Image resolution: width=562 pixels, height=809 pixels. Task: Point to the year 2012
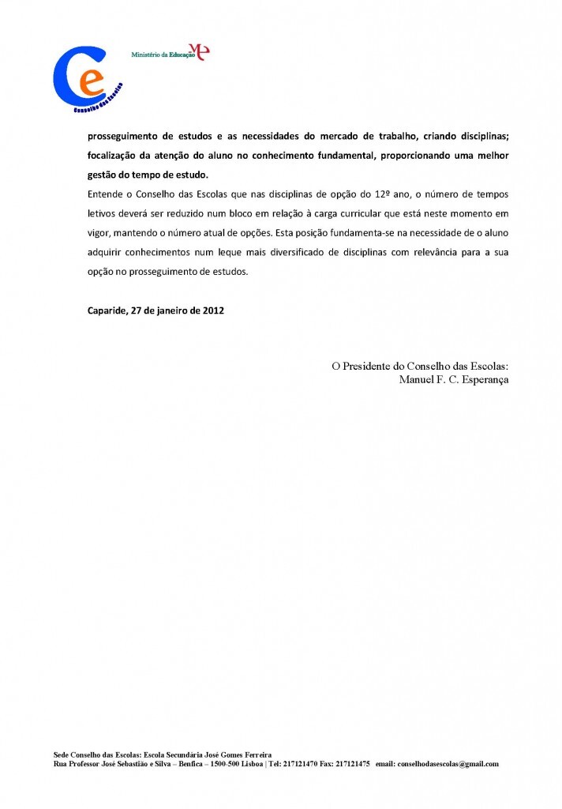click(213, 310)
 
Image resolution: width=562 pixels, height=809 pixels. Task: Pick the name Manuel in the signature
click(417, 379)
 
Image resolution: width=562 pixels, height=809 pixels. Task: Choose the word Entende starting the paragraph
click(106, 194)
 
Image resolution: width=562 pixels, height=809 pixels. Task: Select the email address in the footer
click(448, 764)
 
